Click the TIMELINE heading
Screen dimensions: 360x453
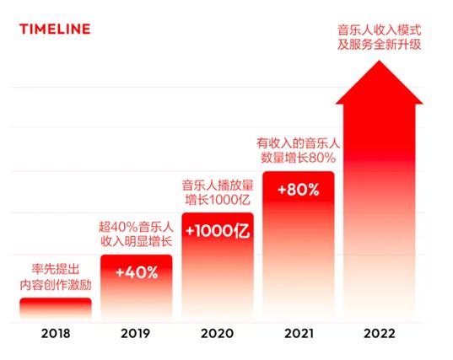click(55, 30)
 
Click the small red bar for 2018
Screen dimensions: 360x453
click(55, 309)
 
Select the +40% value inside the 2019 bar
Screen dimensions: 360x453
click(136, 272)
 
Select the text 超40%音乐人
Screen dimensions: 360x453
click(136, 226)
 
